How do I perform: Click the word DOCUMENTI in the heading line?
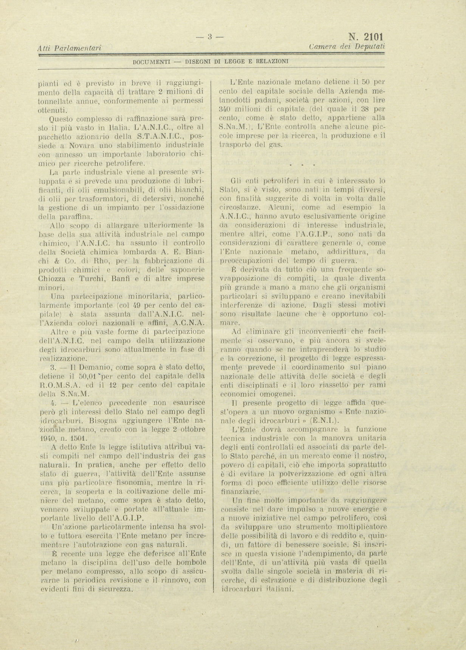pos(150,61)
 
